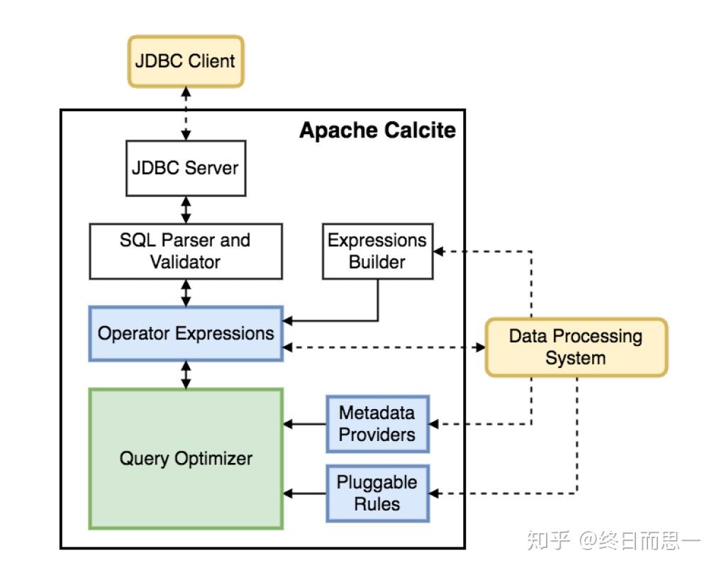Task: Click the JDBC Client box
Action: click(x=186, y=61)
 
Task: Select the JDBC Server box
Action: click(x=186, y=168)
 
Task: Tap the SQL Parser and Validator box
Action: click(x=186, y=251)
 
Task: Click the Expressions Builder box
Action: click(x=377, y=251)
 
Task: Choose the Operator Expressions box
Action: click(x=186, y=333)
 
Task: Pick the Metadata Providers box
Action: click(x=377, y=423)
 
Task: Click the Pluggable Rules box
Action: click(x=377, y=493)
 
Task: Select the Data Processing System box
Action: click(x=576, y=347)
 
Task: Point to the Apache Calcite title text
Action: click(x=377, y=130)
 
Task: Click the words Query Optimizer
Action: click(x=186, y=458)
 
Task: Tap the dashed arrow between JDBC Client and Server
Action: click(x=186, y=113)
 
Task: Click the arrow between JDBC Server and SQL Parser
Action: click(x=186, y=210)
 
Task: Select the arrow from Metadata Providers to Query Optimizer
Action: click(x=305, y=424)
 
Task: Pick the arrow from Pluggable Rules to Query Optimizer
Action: click(x=305, y=493)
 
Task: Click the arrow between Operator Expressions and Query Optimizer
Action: click(x=186, y=374)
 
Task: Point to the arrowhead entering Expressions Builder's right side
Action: click(x=439, y=251)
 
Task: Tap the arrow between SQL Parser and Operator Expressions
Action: click(x=186, y=292)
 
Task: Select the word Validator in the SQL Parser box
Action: click(x=186, y=262)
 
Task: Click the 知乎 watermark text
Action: click(x=547, y=542)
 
